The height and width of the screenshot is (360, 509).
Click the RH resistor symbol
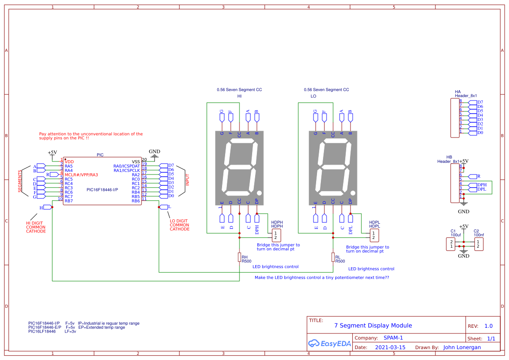[x=239, y=257]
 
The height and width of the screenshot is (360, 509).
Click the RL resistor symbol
[x=333, y=257]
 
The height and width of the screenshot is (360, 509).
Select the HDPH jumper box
[x=275, y=236]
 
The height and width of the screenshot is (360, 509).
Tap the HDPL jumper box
[x=373, y=236]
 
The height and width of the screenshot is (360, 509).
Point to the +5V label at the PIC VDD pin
[x=52, y=153]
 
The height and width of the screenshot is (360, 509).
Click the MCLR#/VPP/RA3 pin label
[x=81, y=175]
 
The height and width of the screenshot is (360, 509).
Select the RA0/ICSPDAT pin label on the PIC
[x=127, y=166]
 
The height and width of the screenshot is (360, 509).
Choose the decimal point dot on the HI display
[x=259, y=193]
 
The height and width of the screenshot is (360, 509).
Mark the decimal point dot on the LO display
[x=353, y=193]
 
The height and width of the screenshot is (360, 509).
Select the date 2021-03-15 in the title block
[x=390, y=347]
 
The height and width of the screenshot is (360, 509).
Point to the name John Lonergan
[x=462, y=347]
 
